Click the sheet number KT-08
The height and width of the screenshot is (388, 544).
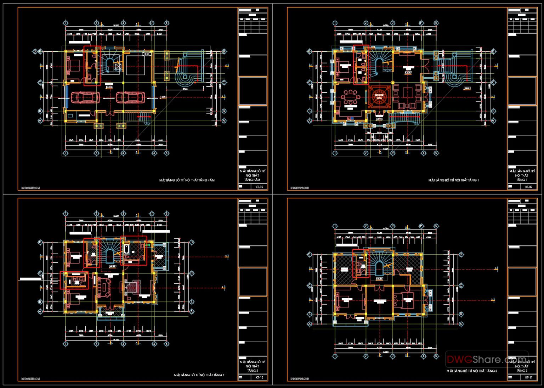pos(259,187)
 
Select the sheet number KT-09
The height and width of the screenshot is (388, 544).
pos(528,187)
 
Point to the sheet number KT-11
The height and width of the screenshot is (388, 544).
pos(528,377)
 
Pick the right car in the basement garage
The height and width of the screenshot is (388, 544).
pos(130,97)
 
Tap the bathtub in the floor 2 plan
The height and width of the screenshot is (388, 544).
pos(126,248)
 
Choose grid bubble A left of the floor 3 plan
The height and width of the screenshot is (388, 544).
pos(309,324)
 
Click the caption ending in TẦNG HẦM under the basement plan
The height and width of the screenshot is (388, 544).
pos(187,180)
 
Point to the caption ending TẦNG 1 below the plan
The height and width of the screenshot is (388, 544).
pos(454,180)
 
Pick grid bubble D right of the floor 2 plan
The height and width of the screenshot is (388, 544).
pos(192,243)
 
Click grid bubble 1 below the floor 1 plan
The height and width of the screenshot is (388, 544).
pos(334,153)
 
